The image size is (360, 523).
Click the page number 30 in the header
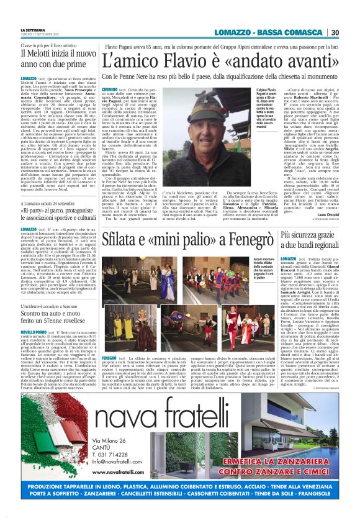pos(334,33)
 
